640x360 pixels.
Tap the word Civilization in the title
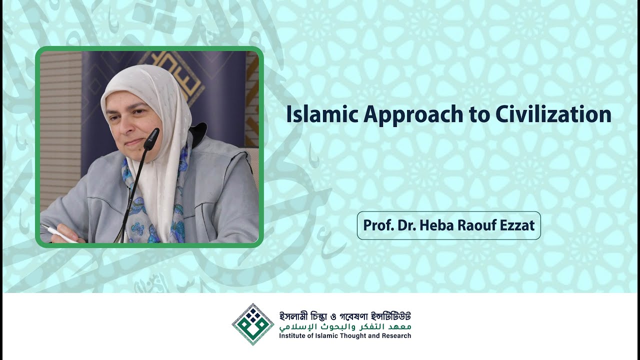point(553,114)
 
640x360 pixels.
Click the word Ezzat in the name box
point(517,225)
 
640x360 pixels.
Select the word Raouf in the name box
point(472,225)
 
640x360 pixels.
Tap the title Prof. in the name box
point(376,225)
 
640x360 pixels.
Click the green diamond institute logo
point(253,324)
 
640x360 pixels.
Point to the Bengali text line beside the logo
point(345,316)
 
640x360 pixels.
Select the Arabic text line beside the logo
point(345,326)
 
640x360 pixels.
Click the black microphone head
point(151,138)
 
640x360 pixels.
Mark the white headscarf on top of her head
point(145,80)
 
